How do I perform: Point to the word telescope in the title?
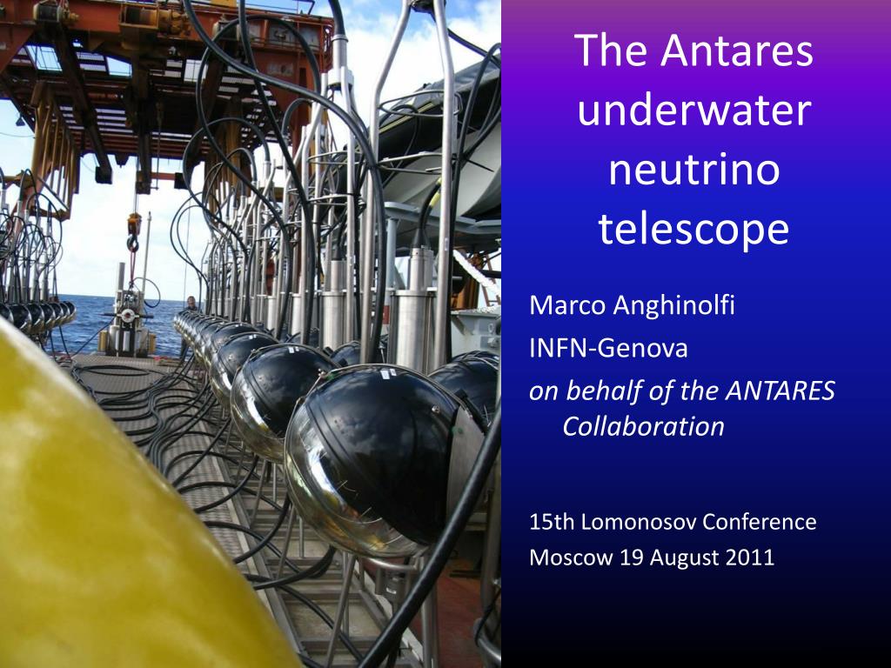(x=693, y=230)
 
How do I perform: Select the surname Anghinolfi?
(x=674, y=306)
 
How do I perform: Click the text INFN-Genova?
(x=608, y=348)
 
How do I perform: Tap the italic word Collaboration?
(x=643, y=426)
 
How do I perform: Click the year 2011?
(x=751, y=558)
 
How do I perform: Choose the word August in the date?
(x=690, y=558)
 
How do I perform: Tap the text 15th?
(x=552, y=522)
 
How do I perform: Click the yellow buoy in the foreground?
(x=104, y=522)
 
